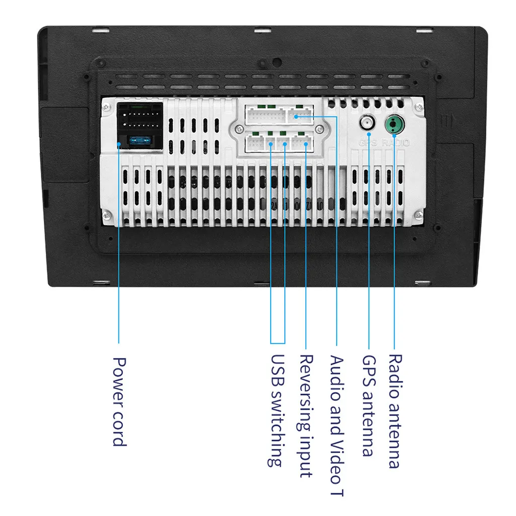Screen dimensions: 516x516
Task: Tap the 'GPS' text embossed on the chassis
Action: coord(367,143)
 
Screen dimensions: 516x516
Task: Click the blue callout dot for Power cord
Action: coord(119,144)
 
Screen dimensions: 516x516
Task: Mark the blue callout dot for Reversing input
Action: coord(306,144)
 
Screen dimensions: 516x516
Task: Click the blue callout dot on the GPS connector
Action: coord(369,134)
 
